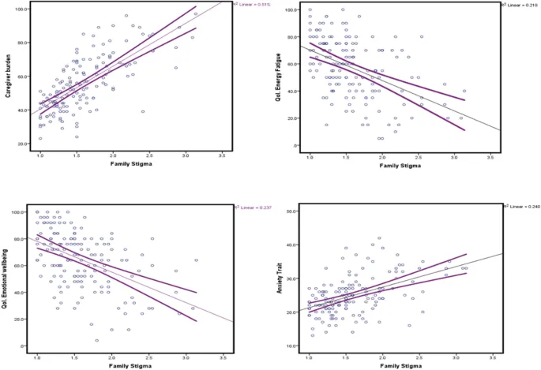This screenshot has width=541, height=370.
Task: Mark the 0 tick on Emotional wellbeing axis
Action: [26, 346]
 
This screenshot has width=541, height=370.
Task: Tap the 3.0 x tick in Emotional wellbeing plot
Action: [187, 356]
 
